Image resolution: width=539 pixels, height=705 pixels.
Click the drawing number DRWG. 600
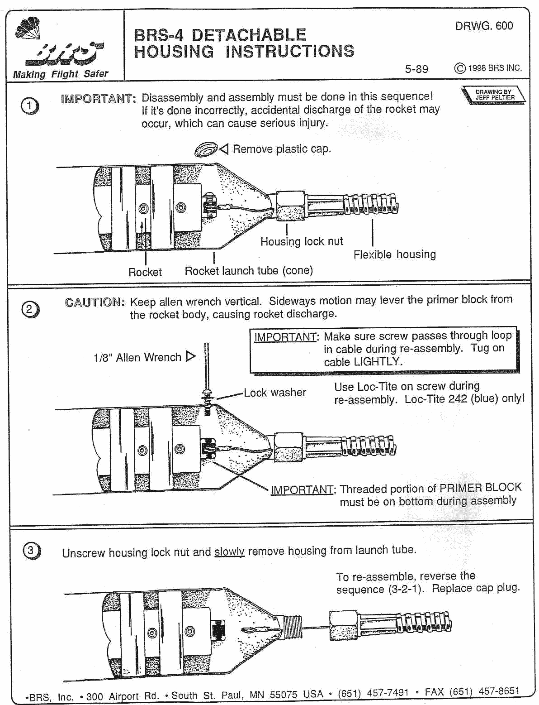484,26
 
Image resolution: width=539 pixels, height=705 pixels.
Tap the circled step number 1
30,106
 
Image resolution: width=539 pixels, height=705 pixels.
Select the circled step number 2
30,309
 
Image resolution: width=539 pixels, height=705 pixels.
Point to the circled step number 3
31,551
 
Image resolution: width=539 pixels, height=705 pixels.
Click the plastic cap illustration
206,149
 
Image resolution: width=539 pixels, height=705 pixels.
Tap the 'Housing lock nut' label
302,241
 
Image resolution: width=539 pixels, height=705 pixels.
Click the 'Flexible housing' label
394,254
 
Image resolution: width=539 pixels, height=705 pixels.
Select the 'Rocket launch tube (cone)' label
249,271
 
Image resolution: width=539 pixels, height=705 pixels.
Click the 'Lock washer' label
275,393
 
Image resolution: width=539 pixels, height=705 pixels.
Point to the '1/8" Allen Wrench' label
137,358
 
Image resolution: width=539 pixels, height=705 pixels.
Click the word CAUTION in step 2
94,302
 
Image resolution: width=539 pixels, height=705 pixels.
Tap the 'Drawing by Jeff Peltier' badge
494,95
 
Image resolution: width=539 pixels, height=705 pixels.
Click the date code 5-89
416,69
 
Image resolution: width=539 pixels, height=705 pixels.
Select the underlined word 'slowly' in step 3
229,552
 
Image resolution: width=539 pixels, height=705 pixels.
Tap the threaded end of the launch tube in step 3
292,627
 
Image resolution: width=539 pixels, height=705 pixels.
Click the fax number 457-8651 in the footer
499,691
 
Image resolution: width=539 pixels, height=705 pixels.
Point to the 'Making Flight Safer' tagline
61,74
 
